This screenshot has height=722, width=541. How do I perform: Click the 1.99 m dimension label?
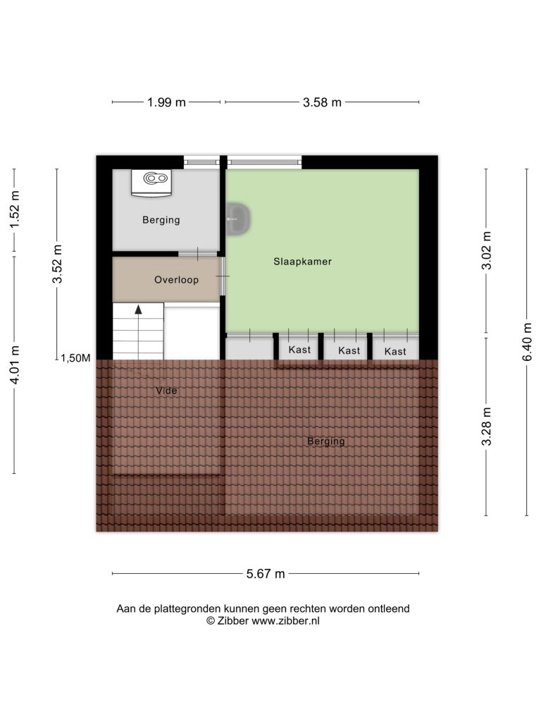tap(166, 102)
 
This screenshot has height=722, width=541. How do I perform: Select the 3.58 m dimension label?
tap(322, 102)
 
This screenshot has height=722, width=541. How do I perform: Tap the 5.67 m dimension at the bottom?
tap(266, 574)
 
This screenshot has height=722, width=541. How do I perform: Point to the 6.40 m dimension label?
tap(527, 342)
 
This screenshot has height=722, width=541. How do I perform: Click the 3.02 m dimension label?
tap(486, 250)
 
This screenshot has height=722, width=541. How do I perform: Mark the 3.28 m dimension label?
tap(486, 427)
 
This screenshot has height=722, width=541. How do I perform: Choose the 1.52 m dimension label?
tap(15, 209)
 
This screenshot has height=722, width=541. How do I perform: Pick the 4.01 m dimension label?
tap(15, 365)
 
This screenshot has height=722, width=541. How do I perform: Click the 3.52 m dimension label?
tap(57, 264)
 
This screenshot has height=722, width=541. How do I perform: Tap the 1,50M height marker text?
tap(75, 358)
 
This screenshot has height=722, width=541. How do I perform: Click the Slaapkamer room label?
tap(302, 262)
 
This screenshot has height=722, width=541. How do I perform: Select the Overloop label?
tap(176, 280)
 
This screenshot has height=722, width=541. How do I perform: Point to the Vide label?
tap(166, 391)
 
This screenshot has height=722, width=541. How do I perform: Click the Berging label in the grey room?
tap(161, 220)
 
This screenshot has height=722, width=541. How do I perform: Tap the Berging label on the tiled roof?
tap(325, 441)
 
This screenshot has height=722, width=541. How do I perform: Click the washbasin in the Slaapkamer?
tap(238, 219)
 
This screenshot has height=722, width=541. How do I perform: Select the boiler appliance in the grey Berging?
tap(151, 183)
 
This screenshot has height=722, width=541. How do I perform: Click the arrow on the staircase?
tap(138, 331)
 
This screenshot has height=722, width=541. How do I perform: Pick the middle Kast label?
tap(349, 351)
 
